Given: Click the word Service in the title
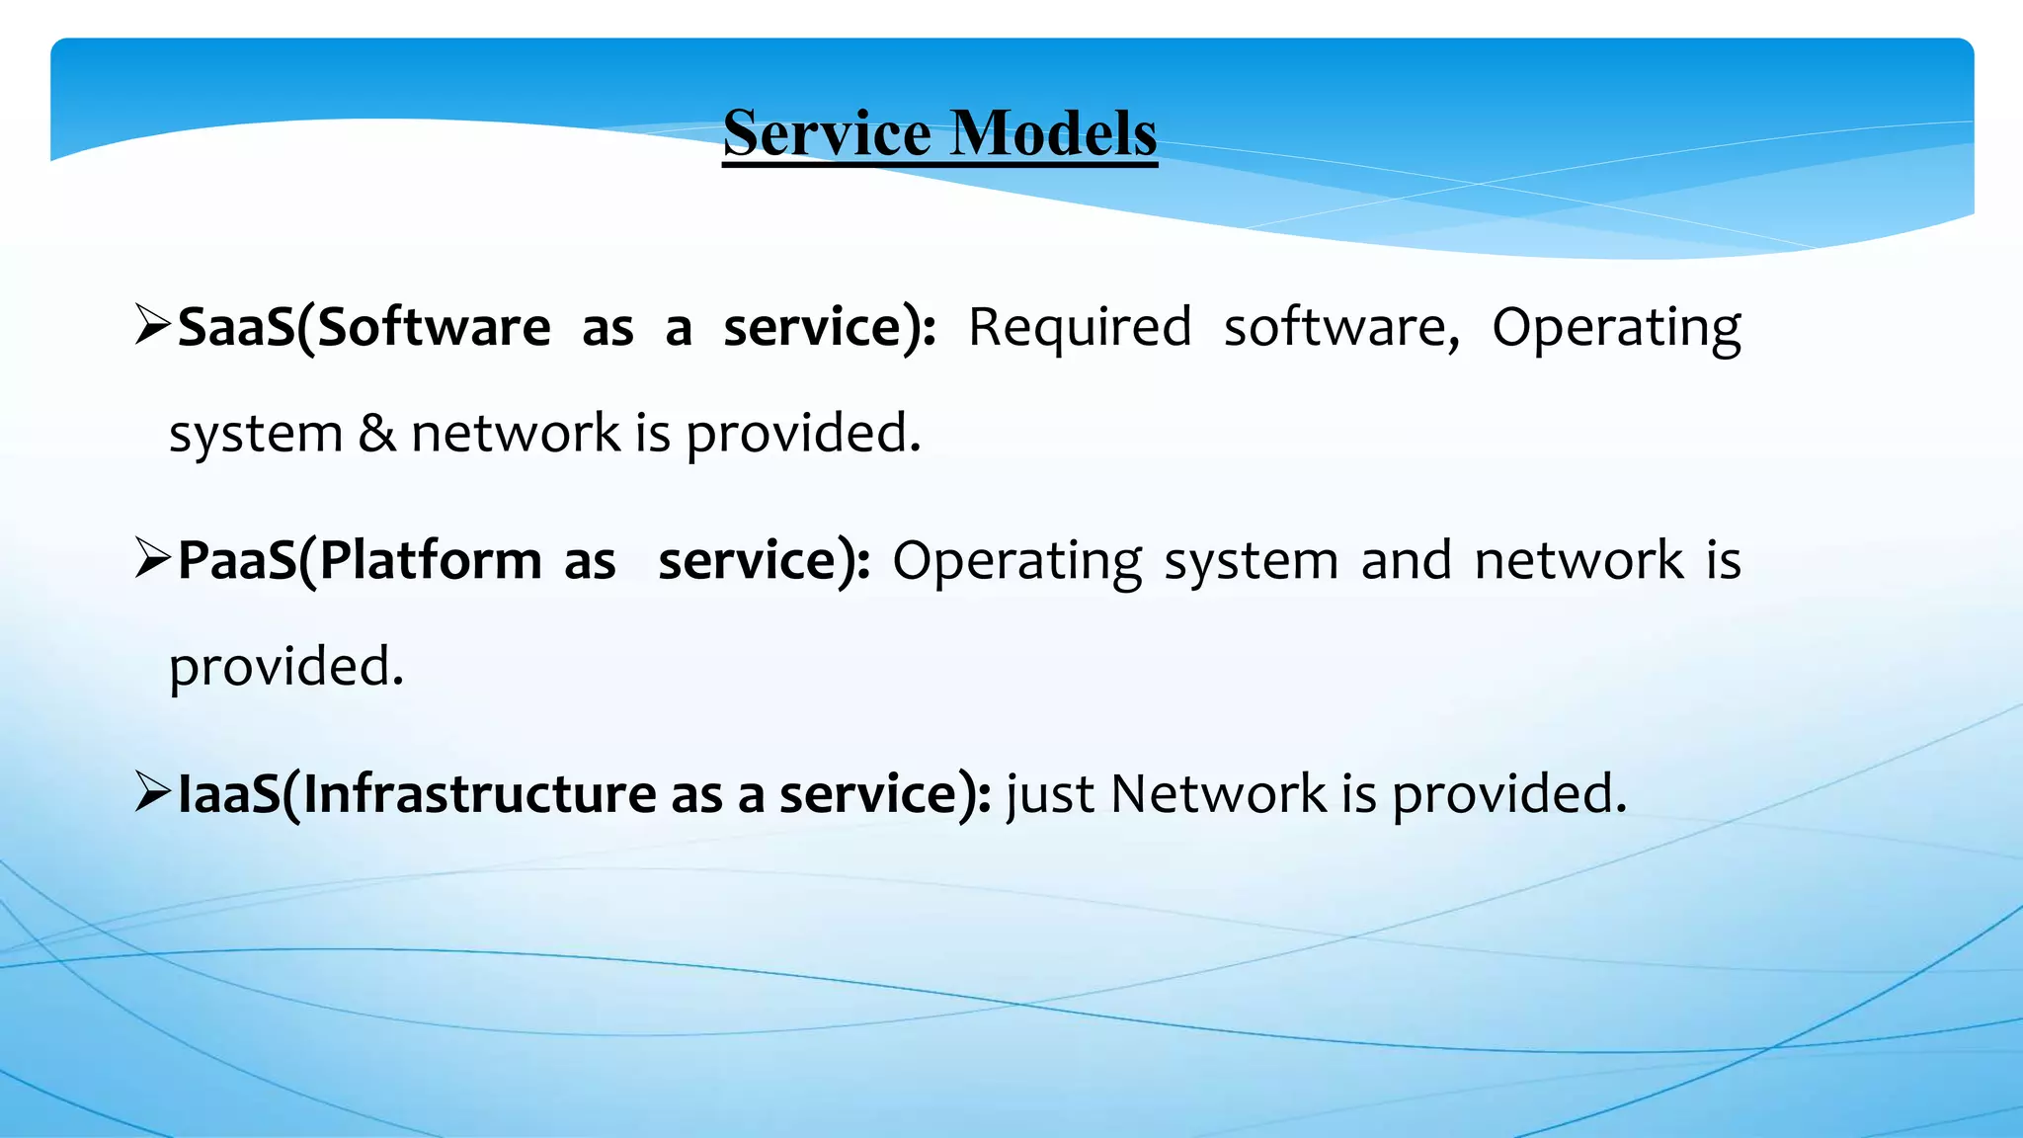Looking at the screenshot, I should (x=827, y=132).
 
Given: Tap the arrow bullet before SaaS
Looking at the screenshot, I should (x=154, y=326).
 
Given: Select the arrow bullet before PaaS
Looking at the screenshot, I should (x=154, y=559).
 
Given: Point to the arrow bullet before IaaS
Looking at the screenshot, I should (x=154, y=792).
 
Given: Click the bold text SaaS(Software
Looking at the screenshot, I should (x=364, y=327).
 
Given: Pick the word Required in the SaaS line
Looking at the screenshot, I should (x=1080, y=327).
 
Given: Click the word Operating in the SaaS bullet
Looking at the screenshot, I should (x=1616, y=329).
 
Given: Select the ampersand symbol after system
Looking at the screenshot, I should (x=376, y=433).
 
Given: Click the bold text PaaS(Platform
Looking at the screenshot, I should (x=360, y=560).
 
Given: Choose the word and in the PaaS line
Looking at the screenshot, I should (x=1407, y=560).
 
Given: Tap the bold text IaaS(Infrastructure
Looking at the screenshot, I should (x=416, y=793).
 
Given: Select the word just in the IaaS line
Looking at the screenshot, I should (x=1050, y=794).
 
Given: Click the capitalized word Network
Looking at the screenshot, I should (x=1219, y=793).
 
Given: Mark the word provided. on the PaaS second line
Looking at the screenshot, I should (x=286, y=668).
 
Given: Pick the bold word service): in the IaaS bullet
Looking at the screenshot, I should (x=885, y=793).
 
